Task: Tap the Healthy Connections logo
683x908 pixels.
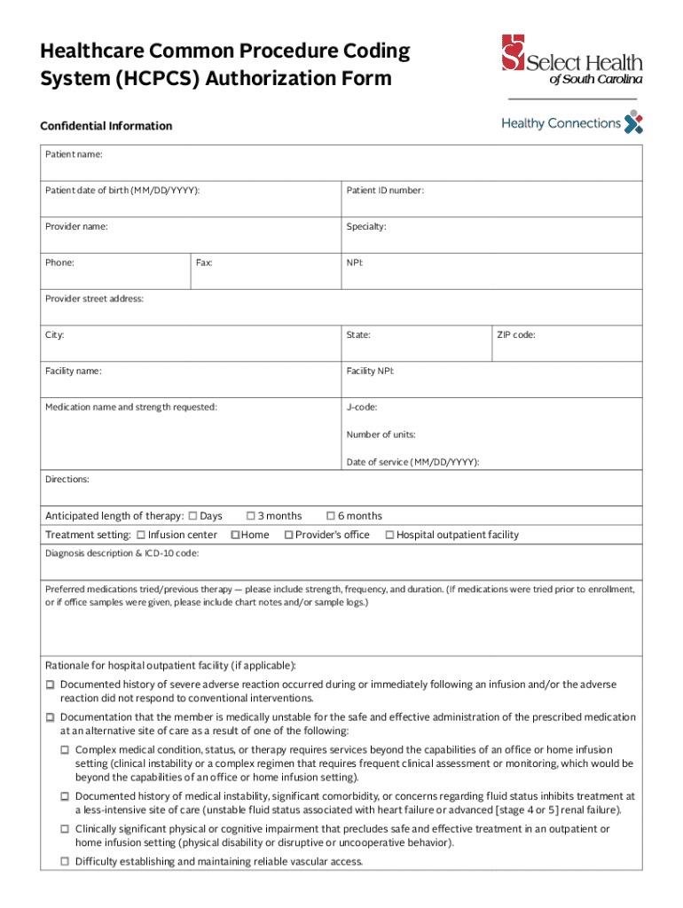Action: tap(571, 123)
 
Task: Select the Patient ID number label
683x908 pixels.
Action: tap(384, 190)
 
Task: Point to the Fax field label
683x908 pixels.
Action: tap(204, 262)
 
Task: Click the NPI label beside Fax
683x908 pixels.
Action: tap(355, 262)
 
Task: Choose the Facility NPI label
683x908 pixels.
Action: tap(370, 371)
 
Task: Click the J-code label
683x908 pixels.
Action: tap(362, 407)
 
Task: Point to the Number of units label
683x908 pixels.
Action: tap(381, 434)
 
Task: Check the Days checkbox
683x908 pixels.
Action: tap(193, 516)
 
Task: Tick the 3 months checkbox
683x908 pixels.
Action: tap(251, 516)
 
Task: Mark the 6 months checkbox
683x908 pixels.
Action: tap(331, 516)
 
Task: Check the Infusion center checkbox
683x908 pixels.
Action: tap(141, 535)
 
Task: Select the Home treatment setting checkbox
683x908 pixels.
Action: tap(235, 535)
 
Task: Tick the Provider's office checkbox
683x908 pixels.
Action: tap(288, 535)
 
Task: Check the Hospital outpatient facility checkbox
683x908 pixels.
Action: tap(389, 535)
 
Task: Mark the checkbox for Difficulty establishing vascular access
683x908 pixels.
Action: tap(65, 861)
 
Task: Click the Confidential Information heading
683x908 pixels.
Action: tap(106, 126)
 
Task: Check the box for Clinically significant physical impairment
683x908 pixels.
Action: tap(65, 828)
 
